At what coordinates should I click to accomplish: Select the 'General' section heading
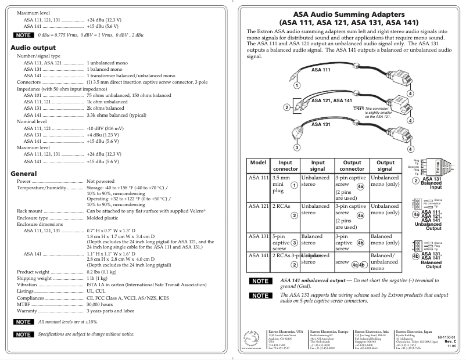(x=27, y=174)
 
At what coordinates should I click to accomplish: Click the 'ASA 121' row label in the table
(x=258, y=206)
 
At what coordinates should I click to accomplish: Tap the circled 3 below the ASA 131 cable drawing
(x=297, y=147)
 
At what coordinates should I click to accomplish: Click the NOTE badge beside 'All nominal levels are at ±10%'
(x=24, y=321)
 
